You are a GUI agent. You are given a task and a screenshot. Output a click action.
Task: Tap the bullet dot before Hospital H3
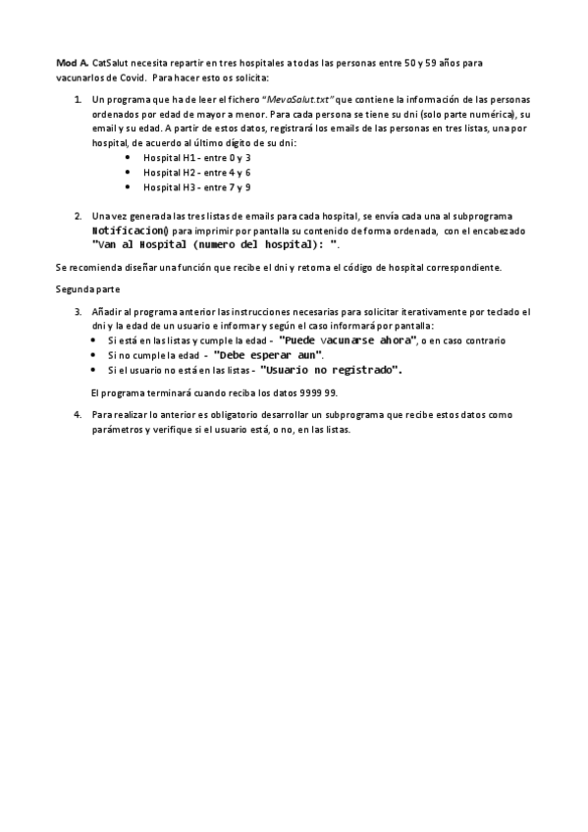(x=129, y=186)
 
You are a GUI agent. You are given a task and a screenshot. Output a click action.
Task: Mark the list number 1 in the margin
(x=79, y=100)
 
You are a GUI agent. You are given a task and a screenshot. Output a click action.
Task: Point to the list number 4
(x=79, y=415)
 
